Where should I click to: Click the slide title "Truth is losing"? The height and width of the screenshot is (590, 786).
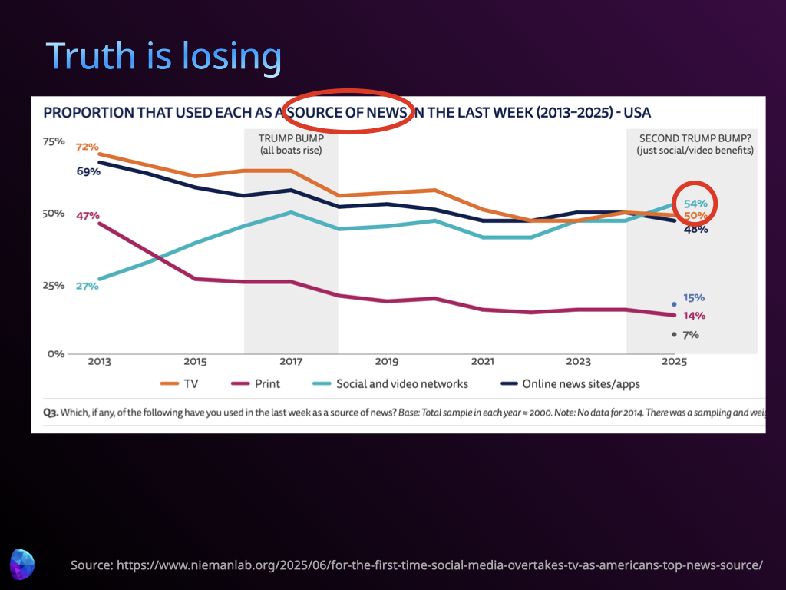click(x=163, y=56)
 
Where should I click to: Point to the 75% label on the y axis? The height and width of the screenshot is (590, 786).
click(x=54, y=141)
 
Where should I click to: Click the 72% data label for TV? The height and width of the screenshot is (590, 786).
click(x=88, y=146)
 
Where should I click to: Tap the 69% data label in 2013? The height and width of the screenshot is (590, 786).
click(x=88, y=171)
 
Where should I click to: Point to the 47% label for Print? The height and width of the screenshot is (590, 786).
click(x=88, y=216)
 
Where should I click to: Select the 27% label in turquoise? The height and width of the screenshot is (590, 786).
click(x=87, y=286)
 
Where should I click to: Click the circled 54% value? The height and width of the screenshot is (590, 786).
click(x=695, y=204)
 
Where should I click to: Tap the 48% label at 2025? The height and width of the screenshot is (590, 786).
click(x=695, y=229)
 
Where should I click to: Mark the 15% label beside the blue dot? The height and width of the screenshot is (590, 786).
click(x=694, y=298)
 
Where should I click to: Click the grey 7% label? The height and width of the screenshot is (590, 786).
click(x=691, y=335)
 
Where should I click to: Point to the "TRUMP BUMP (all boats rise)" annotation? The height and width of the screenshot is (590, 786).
click(x=290, y=144)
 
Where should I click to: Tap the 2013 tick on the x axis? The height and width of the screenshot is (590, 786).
click(x=99, y=361)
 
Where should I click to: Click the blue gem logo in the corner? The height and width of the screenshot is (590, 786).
click(x=22, y=563)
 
